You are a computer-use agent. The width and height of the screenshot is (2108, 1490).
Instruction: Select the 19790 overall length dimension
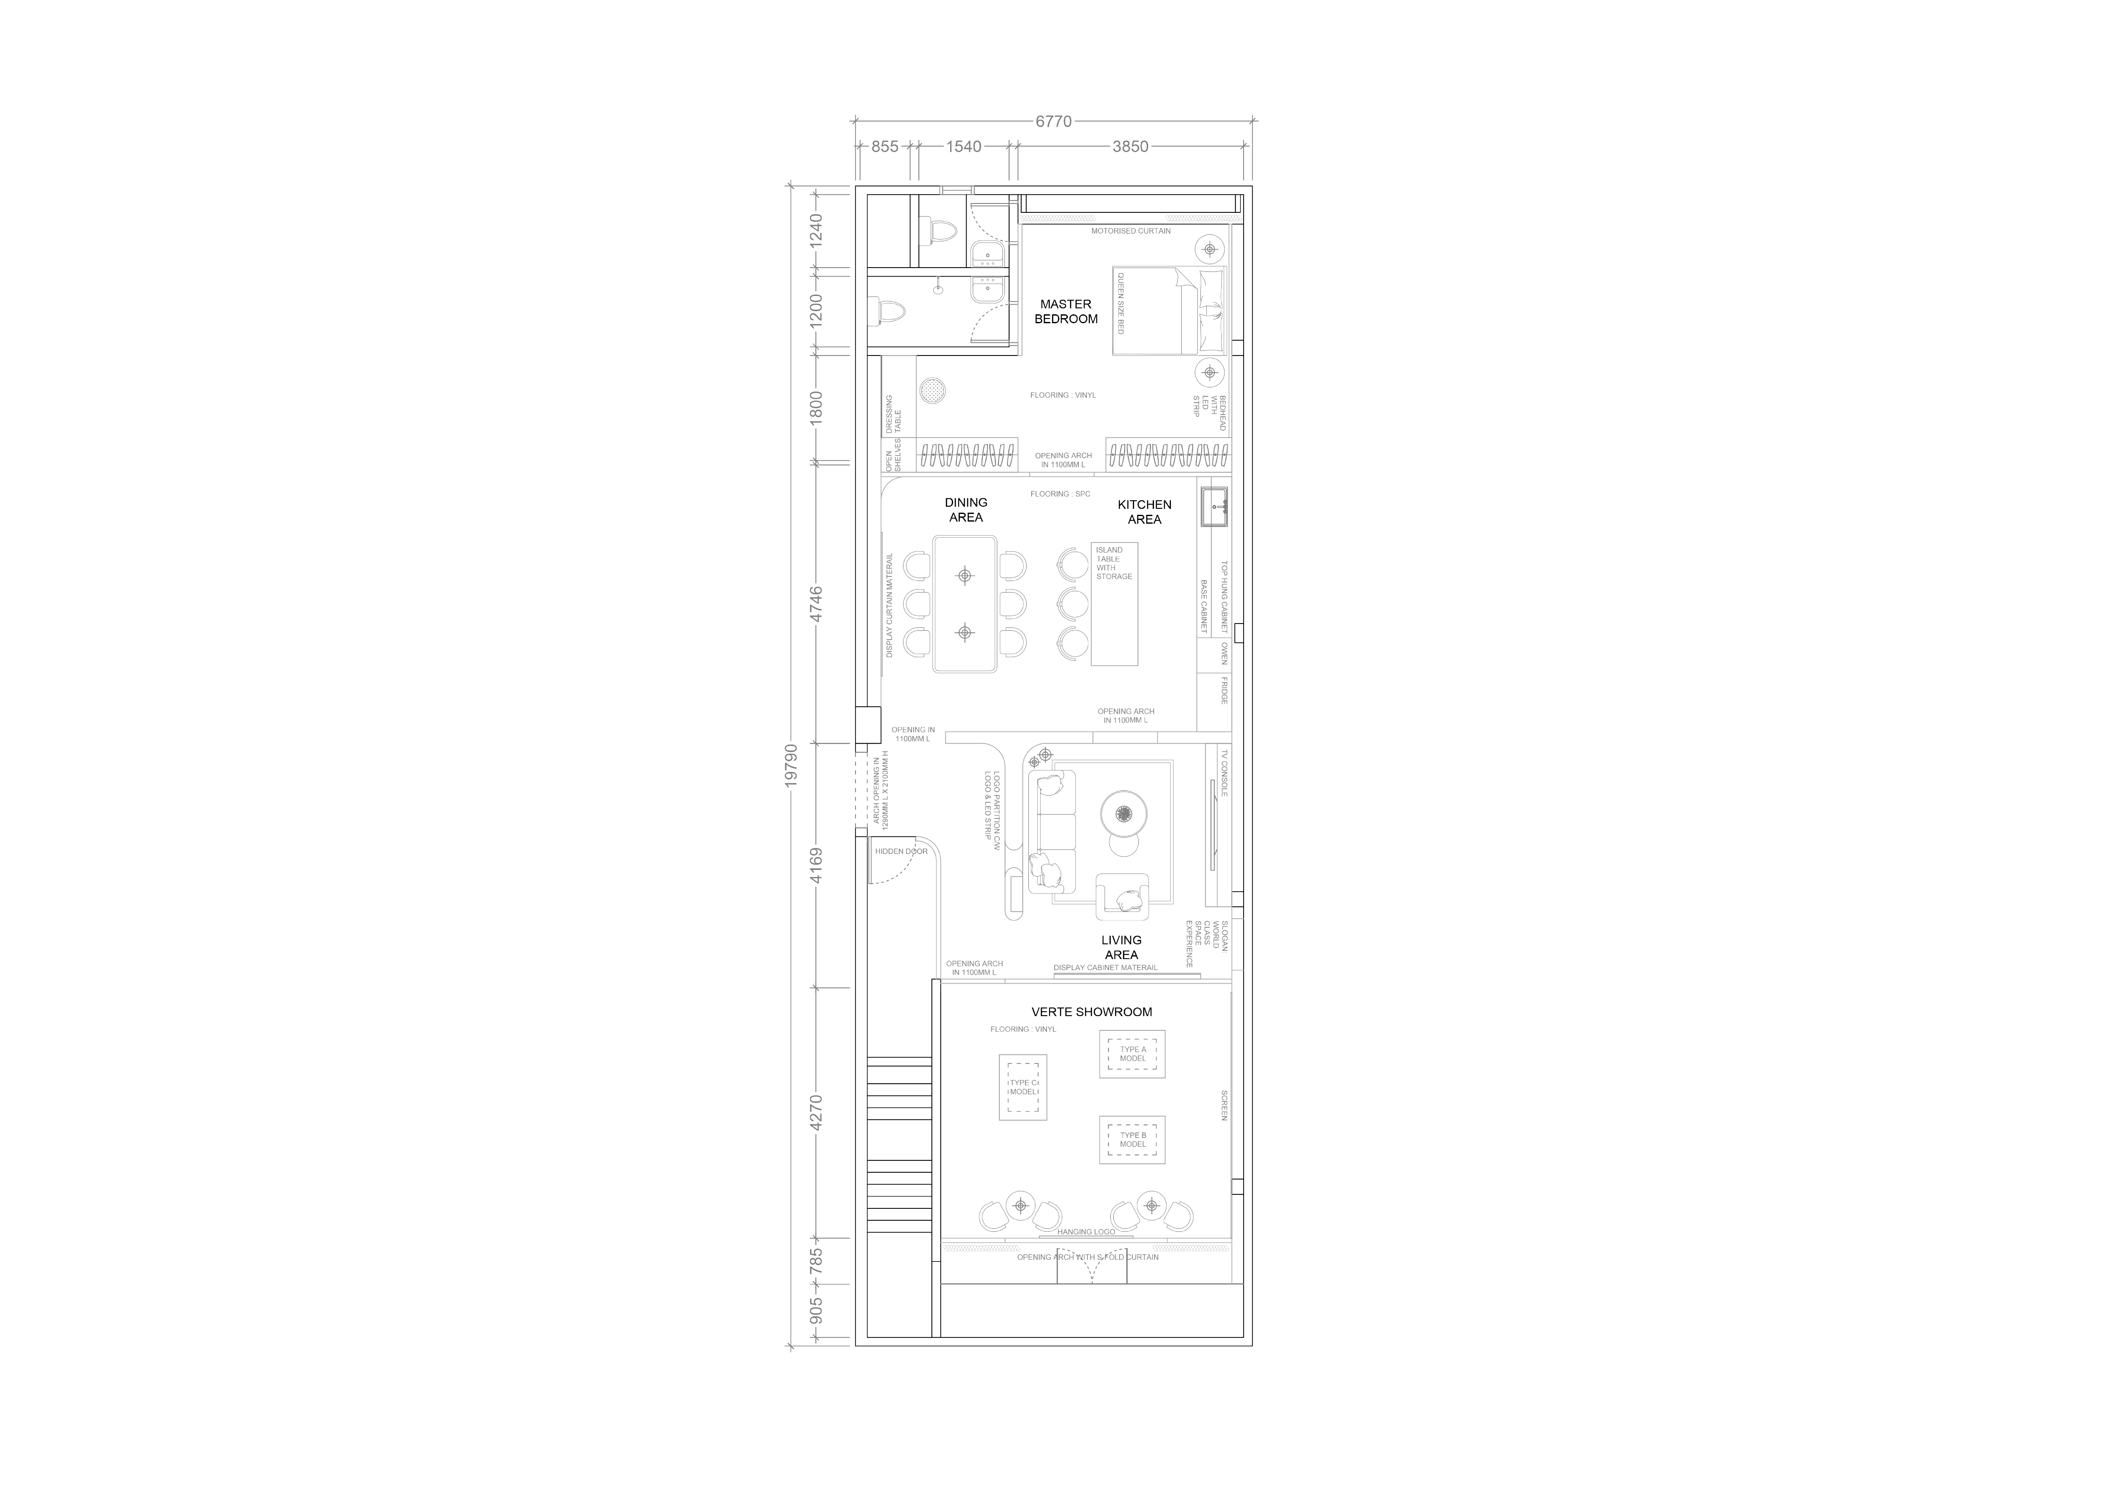click(791, 764)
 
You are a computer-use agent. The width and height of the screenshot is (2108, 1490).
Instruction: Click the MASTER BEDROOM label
click(1066, 311)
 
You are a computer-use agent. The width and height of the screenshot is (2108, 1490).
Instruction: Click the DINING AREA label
click(966, 510)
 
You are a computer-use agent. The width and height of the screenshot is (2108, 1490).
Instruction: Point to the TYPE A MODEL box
click(1133, 1054)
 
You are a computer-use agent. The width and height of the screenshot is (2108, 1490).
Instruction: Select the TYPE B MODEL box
click(1133, 1140)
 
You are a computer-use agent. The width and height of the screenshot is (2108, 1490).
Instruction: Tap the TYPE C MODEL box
click(1023, 1087)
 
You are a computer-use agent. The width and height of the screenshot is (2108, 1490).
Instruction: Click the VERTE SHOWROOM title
click(1092, 1012)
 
